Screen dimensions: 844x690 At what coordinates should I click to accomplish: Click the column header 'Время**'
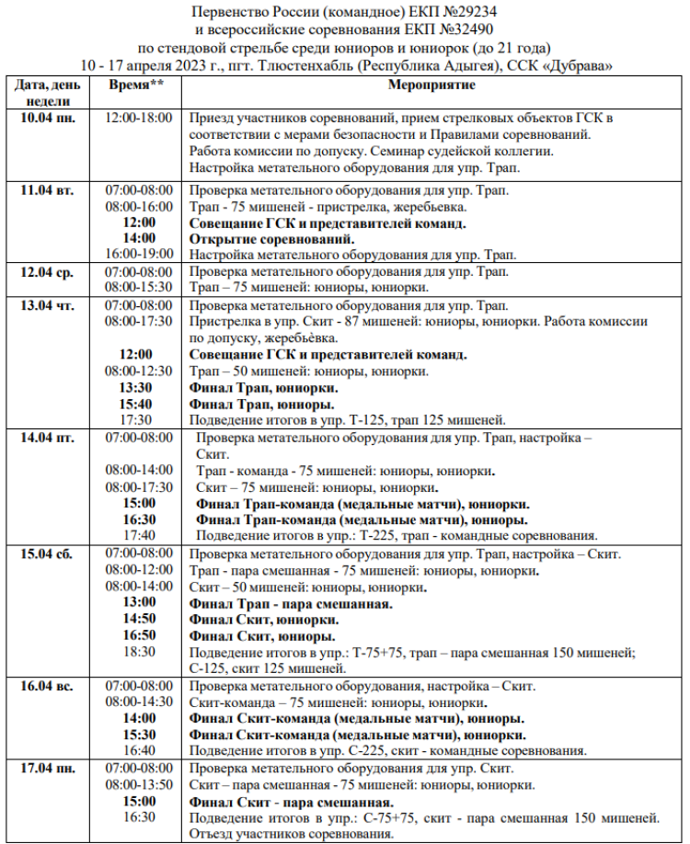[137, 86]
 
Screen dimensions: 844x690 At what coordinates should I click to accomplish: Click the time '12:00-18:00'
[139, 118]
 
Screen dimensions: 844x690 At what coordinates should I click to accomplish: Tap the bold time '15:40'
[137, 404]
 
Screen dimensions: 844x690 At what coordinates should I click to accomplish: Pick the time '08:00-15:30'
[139, 287]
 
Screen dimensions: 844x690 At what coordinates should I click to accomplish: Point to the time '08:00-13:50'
[139, 784]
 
